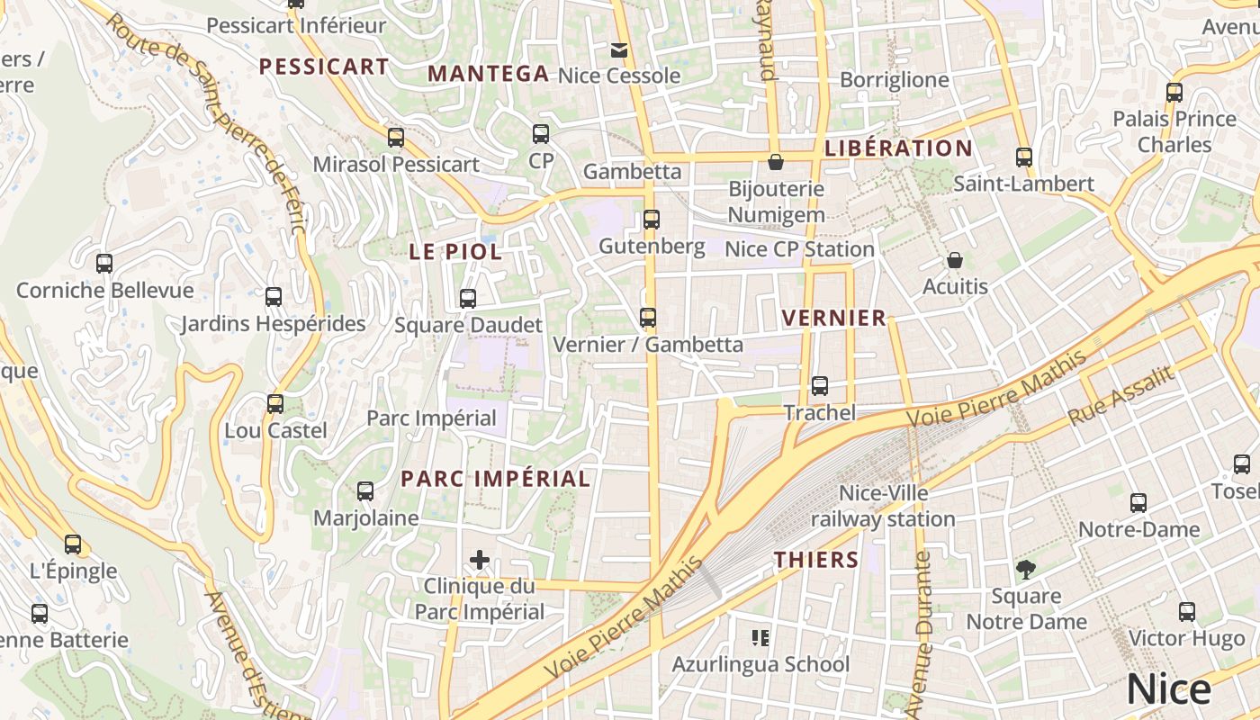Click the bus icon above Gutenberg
[x=652, y=219]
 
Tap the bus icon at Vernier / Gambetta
[x=648, y=317]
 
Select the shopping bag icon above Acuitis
[x=955, y=260]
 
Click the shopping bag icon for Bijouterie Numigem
[x=776, y=162]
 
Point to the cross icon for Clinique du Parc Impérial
[x=480, y=561]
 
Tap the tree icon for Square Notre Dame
[x=1025, y=569]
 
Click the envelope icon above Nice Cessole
[x=619, y=49]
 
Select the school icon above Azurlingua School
[x=760, y=638]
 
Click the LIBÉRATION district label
[x=898, y=148]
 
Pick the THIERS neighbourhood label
[x=816, y=560]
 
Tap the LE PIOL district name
[x=455, y=252]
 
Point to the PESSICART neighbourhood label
[x=324, y=67]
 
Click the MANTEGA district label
[x=488, y=74]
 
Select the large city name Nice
[x=1168, y=689]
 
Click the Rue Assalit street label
[x=1121, y=396]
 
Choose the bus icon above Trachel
[x=820, y=386]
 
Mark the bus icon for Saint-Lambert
[x=1024, y=157]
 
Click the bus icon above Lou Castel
[x=275, y=404]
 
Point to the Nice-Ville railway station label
[x=883, y=506]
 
